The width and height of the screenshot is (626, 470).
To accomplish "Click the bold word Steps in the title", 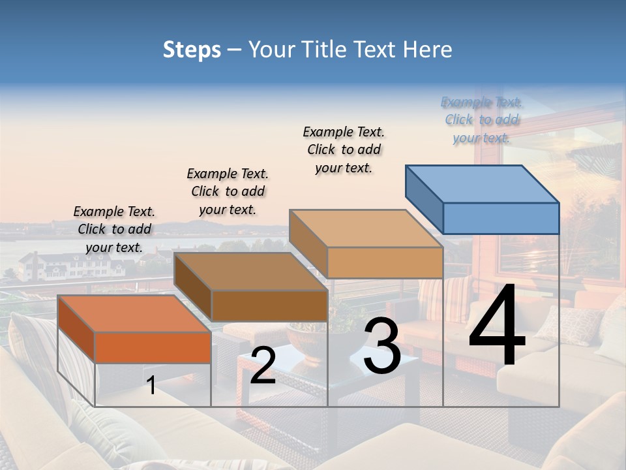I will coord(192,50).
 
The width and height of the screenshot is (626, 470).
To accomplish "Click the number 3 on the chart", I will coord(382,347).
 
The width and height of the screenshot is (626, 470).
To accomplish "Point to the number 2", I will coord(263,366).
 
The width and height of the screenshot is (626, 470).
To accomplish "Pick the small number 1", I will coord(151,385).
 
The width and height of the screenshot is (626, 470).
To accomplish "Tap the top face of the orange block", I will coord(134,313).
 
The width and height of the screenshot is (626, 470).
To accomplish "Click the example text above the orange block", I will coord(115,229).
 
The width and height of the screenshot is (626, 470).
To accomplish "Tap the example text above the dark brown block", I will coord(228,191).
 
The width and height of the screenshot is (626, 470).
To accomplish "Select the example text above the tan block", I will coord(344,149).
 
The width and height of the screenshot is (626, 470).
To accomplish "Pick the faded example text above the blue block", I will coord(481,119).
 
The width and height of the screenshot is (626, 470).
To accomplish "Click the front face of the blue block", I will coord(501,218).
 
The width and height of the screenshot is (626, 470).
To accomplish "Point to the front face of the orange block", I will coord(153,347).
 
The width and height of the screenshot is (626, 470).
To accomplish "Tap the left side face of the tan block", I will coord(308,244).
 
